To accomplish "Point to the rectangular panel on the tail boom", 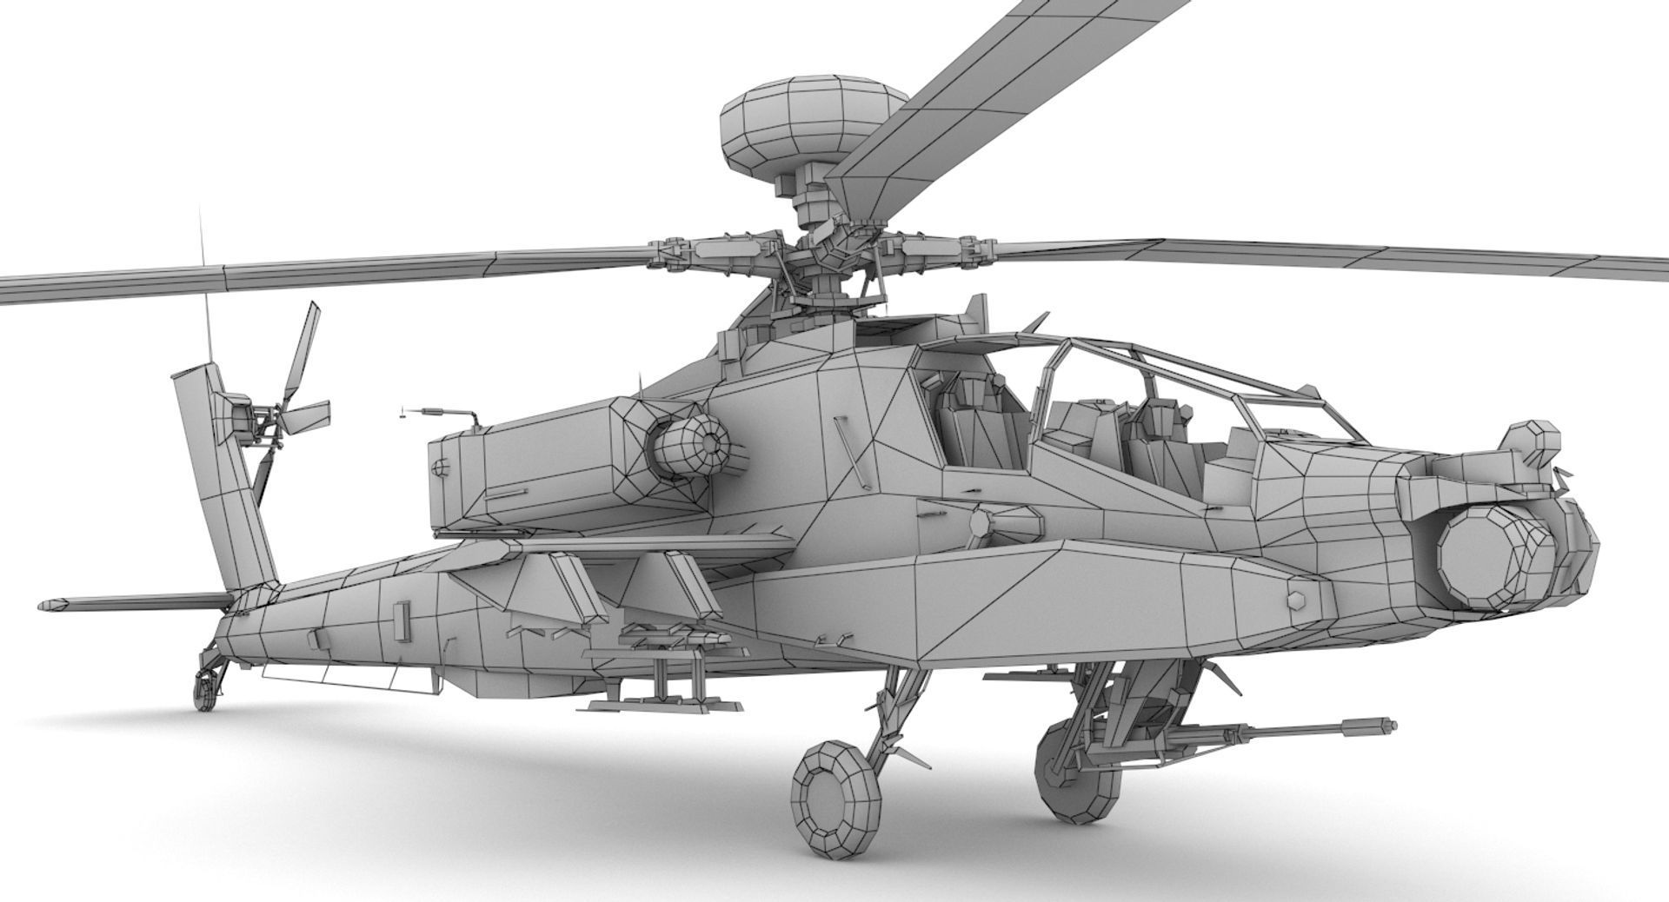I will pyautogui.click(x=401, y=614).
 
